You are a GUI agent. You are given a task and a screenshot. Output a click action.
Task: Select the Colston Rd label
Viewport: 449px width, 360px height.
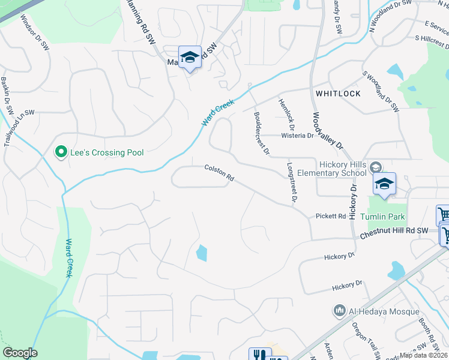[x=218, y=173]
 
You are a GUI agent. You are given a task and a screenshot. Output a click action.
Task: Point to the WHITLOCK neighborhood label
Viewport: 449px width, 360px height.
[x=338, y=94]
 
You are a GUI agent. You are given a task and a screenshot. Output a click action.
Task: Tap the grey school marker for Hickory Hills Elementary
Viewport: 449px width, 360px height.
[x=376, y=167]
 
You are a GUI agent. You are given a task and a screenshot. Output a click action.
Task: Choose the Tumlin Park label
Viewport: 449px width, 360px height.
[x=383, y=217]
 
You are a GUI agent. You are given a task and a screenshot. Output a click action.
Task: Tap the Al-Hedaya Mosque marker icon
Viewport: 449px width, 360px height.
[x=339, y=311]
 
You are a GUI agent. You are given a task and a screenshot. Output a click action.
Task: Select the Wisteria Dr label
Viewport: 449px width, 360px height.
[x=298, y=136]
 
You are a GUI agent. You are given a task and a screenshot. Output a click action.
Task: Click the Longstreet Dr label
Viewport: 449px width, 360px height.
[x=292, y=182]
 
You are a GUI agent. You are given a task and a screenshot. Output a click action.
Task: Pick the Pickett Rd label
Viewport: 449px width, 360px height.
[x=331, y=216]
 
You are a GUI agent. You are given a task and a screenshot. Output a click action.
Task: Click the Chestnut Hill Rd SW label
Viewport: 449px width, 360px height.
[x=394, y=233]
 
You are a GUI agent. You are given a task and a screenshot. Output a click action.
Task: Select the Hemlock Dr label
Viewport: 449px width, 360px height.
[x=288, y=114]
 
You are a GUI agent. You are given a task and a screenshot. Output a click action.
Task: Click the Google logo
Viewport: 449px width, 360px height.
[x=20, y=353]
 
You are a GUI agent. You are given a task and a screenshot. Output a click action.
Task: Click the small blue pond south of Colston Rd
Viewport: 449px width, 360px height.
[x=202, y=253]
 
